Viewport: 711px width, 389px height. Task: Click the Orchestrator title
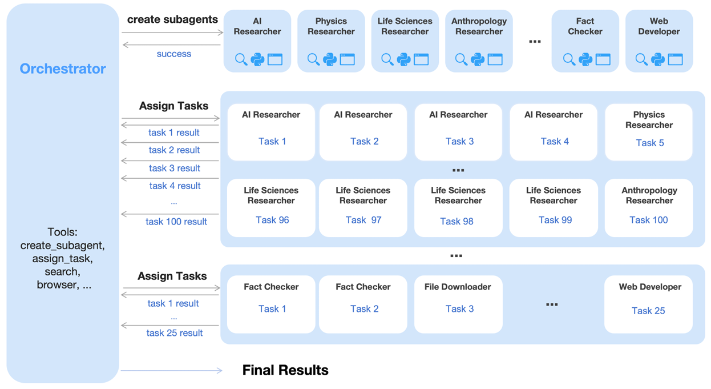click(x=63, y=69)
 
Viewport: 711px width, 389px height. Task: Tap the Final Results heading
click(x=285, y=370)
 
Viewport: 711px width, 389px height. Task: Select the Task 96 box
click(x=271, y=207)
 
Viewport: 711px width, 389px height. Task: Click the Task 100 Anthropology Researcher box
click(x=649, y=207)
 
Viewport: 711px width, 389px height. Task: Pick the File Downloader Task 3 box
click(x=458, y=304)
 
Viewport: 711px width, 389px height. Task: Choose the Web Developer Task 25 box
click(x=648, y=304)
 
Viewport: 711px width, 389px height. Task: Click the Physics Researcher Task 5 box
click(x=649, y=132)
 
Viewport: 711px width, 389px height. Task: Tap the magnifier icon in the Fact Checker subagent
click(x=569, y=59)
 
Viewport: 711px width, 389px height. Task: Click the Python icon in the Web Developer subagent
click(x=658, y=59)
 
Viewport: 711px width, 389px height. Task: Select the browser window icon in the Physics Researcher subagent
click(x=348, y=59)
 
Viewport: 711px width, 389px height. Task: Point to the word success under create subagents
click(x=174, y=54)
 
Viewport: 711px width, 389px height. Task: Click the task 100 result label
click(x=176, y=222)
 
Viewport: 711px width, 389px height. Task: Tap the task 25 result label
click(x=174, y=333)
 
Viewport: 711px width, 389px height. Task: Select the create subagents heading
click(x=172, y=19)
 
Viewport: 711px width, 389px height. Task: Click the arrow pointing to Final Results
click(x=171, y=370)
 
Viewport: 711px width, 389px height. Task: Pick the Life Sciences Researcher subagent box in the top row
click(x=405, y=41)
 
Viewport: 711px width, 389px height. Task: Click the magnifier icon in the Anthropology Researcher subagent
click(x=461, y=59)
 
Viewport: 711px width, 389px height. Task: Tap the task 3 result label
click(x=175, y=168)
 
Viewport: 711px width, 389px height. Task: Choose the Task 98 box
click(x=458, y=207)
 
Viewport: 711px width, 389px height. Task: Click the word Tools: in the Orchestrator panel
click(x=63, y=232)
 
